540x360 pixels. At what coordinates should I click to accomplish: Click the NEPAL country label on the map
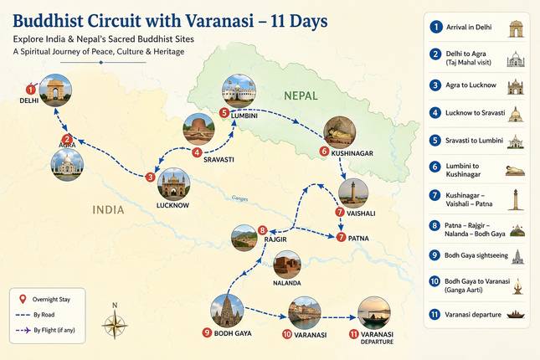click(x=301, y=95)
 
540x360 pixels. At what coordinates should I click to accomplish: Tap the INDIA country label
click(x=108, y=210)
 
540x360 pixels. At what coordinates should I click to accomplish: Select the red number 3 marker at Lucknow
click(x=150, y=177)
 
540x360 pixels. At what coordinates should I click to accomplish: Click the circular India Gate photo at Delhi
click(x=55, y=90)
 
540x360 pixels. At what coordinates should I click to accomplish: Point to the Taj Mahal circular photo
click(x=67, y=165)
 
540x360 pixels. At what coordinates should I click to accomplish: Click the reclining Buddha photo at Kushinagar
click(x=340, y=132)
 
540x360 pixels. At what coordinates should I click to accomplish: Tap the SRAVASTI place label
click(x=219, y=160)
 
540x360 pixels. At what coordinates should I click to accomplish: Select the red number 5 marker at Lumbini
click(x=224, y=113)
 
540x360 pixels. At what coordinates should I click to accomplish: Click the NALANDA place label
click(x=287, y=283)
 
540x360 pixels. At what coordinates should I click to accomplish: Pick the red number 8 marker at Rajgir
click(x=262, y=230)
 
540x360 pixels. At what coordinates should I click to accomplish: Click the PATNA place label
click(x=358, y=239)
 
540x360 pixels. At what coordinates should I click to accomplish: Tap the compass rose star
click(x=115, y=325)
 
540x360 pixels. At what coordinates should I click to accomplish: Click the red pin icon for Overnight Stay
click(x=23, y=299)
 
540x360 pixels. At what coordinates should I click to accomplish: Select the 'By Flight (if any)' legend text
click(x=54, y=330)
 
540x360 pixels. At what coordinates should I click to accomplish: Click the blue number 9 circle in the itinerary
click(x=435, y=255)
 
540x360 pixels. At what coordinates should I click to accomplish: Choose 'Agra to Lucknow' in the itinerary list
click(x=471, y=85)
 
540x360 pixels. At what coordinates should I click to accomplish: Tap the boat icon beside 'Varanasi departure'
click(x=516, y=314)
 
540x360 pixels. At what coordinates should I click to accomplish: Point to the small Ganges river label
click(x=239, y=198)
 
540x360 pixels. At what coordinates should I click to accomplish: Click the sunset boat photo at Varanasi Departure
click(x=374, y=313)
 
